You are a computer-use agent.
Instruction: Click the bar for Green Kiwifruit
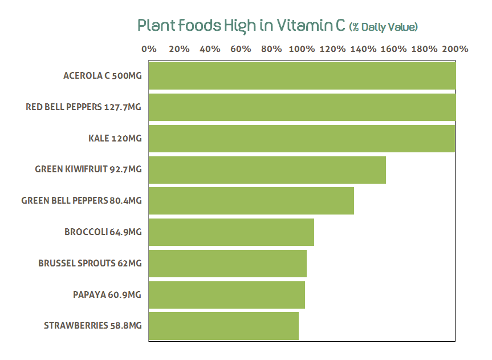tap(267, 169)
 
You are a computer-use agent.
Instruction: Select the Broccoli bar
tap(231, 232)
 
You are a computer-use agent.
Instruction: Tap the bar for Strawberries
tap(223, 325)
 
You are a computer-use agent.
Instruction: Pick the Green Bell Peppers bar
tap(251, 200)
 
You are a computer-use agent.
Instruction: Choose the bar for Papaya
tap(226, 294)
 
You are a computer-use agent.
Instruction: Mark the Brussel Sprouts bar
tap(227, 263)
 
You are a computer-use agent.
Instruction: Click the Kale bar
tap(302, 138)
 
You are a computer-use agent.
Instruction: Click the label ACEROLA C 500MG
tap(102, 75)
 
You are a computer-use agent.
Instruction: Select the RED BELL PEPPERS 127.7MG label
tap(83, 107)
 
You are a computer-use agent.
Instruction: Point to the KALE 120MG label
tap(115, 138)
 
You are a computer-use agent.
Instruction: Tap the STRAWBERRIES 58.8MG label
tap(92, 325)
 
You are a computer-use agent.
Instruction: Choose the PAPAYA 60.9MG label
tap(107, 294)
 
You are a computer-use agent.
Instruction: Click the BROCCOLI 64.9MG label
tap(103, 232)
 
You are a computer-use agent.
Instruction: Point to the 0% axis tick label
tap(149, 49)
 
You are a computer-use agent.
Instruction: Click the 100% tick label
tap(302, 49)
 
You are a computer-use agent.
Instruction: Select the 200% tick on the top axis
tap(455, 49)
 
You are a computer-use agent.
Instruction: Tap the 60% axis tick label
tap(241, 49)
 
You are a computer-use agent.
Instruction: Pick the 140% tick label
tap(363, 49)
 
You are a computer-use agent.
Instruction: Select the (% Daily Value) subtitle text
tap(383, 27)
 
